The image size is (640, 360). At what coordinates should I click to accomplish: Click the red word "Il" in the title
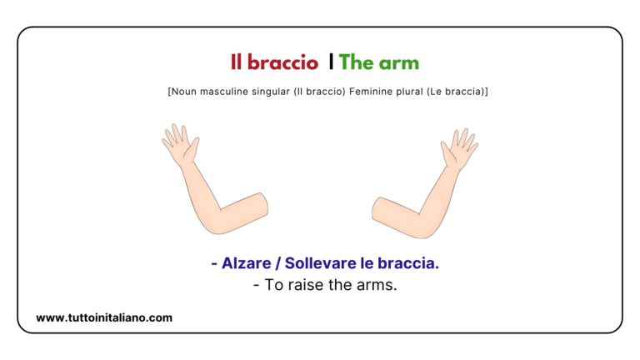[237, 62]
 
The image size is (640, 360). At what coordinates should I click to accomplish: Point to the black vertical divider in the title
[331, 62]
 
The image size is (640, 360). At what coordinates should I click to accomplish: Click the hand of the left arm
[181, 145]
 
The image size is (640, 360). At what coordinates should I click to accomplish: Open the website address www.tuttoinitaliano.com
[104, 317]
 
